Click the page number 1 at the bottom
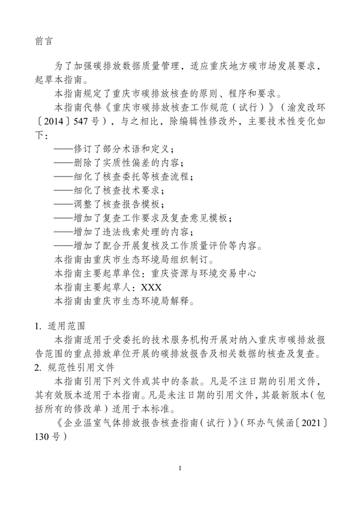tap(180, 468)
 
